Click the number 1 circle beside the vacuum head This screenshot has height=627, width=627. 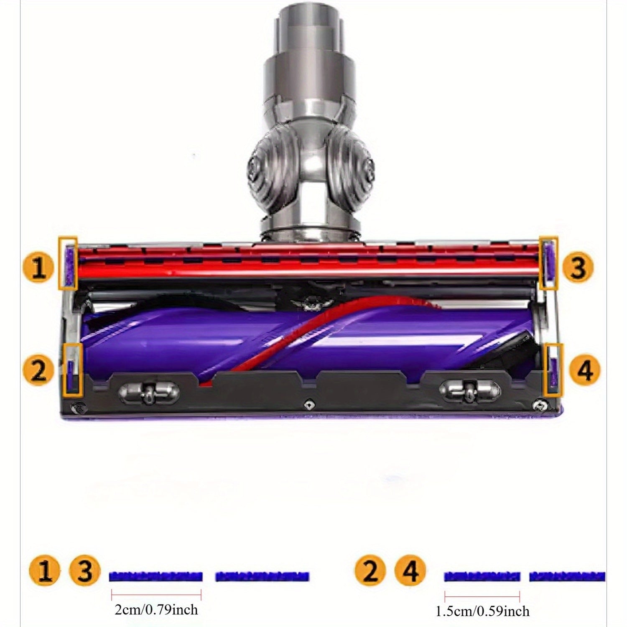(39, 268)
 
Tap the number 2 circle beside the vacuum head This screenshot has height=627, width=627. (38, 370)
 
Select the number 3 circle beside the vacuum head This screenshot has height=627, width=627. (578, 268)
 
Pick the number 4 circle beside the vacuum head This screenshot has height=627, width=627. (584, 370)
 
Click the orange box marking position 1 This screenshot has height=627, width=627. (59, 263)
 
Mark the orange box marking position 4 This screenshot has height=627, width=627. (545, 370)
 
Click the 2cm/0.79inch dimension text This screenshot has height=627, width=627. (156, 610)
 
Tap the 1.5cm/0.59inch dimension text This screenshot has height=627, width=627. (482, 612)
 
